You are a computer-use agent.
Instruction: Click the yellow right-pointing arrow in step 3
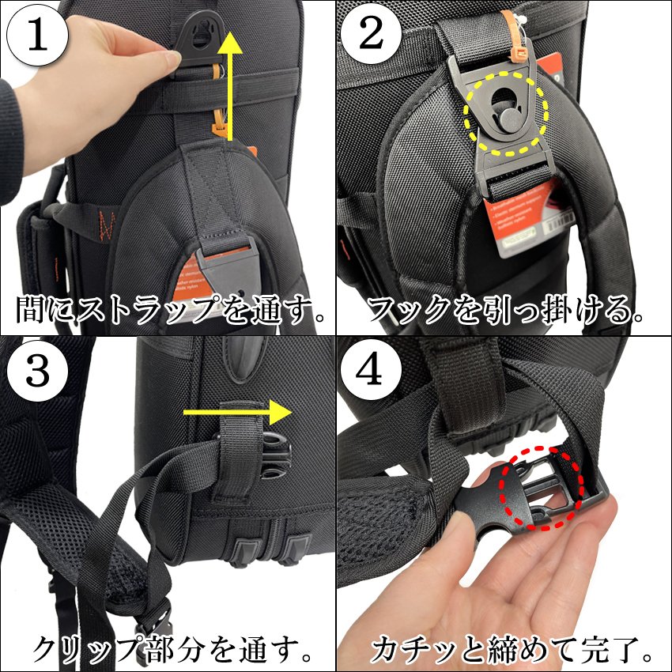(236, 412)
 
